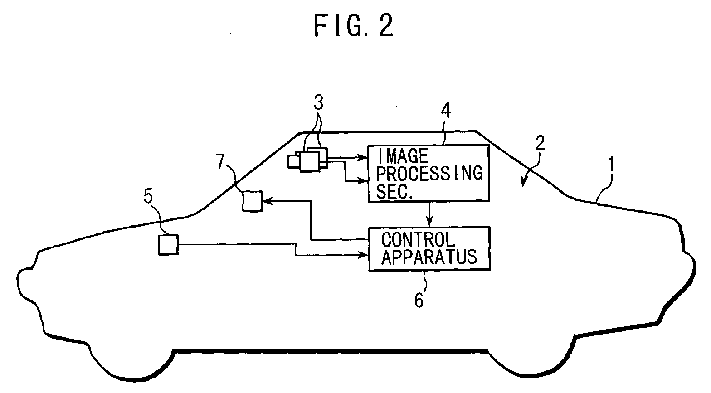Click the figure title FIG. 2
click(354, 25)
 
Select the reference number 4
click(446, 111)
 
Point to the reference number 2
click(540, 143)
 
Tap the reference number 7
click(220, 161)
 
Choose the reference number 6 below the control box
click(419, 300)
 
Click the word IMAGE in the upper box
click(403, 156)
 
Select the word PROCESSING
click(429, 174)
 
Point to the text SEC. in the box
click(394, 192)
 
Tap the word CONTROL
click(418, 240)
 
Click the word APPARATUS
click(429, 257)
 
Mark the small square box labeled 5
click(168, 245)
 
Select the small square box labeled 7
click(253, 201)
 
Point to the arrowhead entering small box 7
click(267, 200)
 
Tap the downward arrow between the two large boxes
click(429, 214)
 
